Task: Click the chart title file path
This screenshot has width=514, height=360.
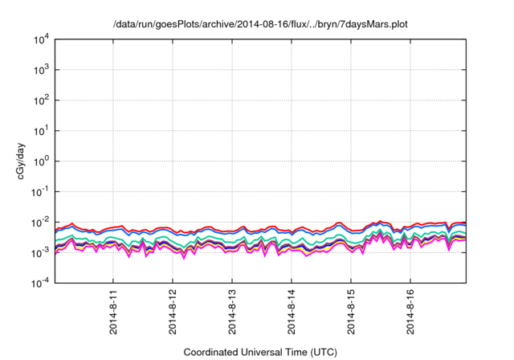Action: tap(260, 24)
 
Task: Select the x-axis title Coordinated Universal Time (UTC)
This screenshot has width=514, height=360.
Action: tap(260, 352)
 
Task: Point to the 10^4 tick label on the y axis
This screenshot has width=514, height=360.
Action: tap(41, 39)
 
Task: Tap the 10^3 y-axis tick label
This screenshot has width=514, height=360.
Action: tap(41, 70)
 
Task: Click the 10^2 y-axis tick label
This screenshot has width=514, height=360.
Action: tap(41, 100)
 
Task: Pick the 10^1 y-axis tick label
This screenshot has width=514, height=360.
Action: tap(41, 131)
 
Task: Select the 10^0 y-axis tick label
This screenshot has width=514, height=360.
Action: tap(41, 162)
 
